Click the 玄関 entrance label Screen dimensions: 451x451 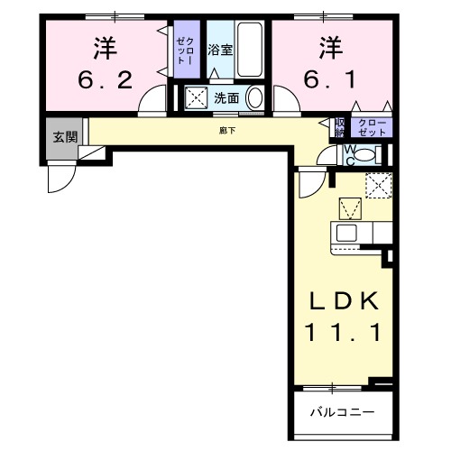(63, 137)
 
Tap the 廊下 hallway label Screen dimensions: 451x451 (225, 132)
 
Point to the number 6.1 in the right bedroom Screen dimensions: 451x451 (329, 80)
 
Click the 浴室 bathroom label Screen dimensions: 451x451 (220, 51)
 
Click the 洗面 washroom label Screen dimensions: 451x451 (225, 98)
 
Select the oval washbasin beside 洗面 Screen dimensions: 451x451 (255, 98)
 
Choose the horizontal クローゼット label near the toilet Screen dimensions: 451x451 (372, 127)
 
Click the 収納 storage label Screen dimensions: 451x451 (340, 127)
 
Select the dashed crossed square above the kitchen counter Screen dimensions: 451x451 (378, 186)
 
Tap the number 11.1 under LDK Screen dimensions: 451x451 (340, 332)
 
